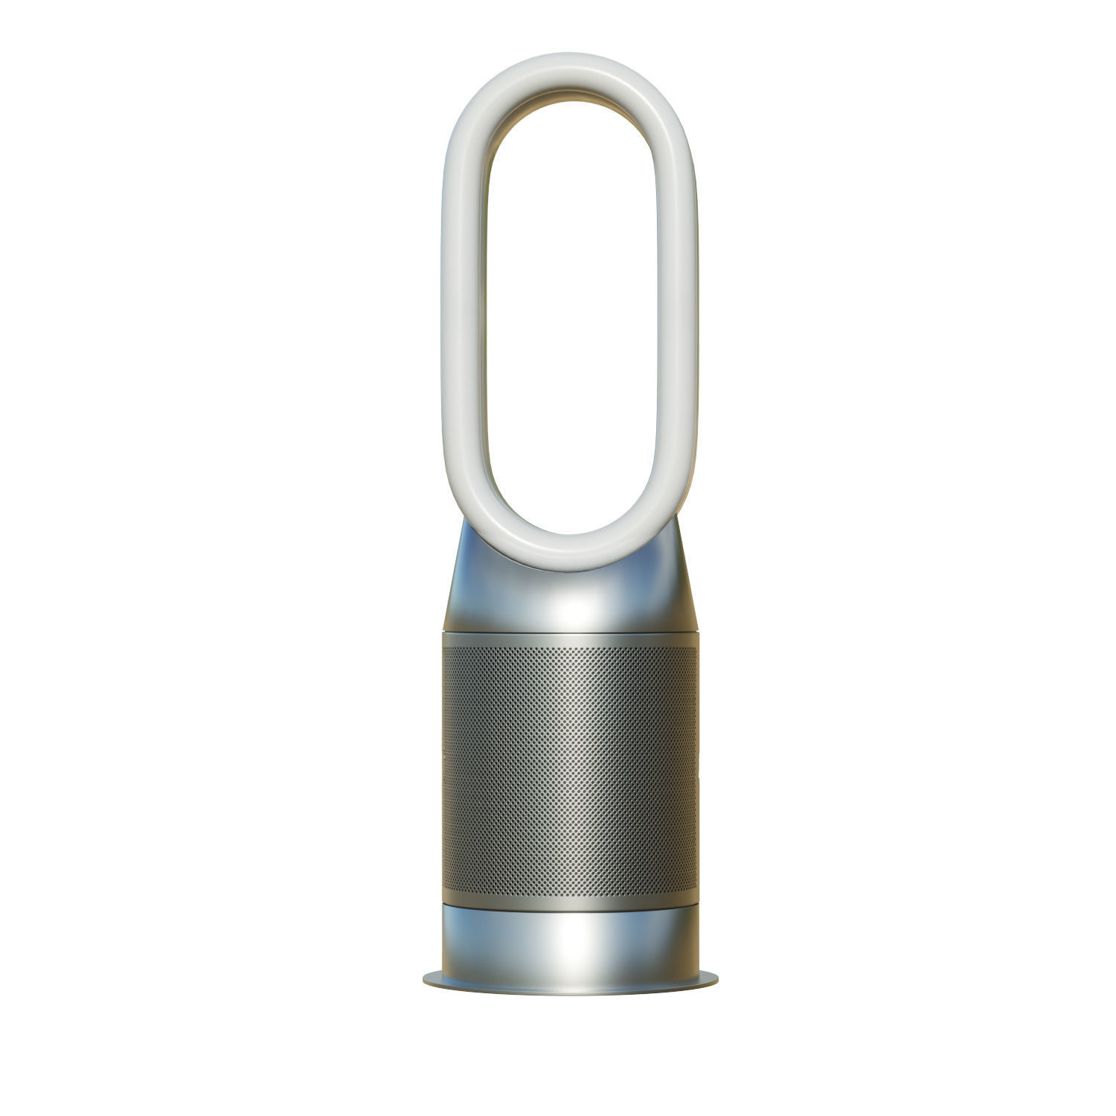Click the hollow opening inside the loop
pyautogui.click(x=569, y=312)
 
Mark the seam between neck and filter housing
pyautogui.click(x=569, y=634)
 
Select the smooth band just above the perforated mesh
pyautogui.click(x=569, y=641)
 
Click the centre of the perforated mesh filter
pyautogui.click(x=569, y=770)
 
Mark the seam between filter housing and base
pyautogui.click(x=569, y=905)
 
